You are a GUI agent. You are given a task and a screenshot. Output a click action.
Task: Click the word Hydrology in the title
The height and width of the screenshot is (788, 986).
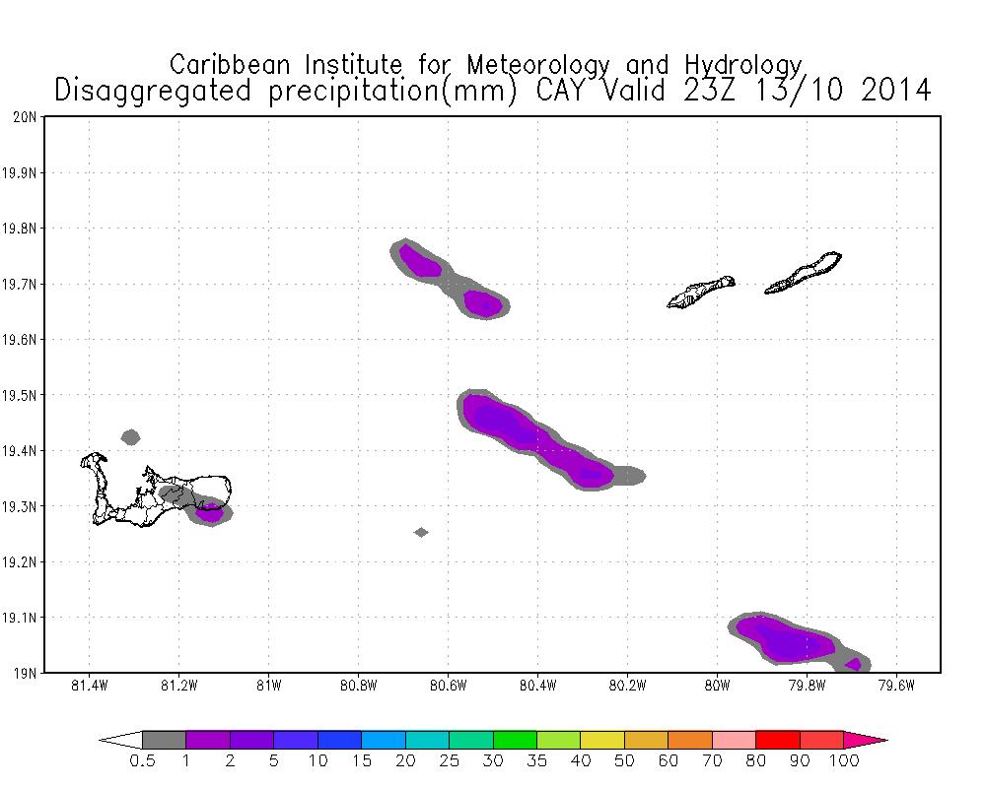[x=749, y=65]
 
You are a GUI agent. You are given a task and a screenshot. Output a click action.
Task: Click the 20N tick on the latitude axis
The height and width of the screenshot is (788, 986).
[x=28, y=117]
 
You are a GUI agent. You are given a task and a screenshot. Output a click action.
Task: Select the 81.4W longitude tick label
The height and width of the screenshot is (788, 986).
[x=90, y=686]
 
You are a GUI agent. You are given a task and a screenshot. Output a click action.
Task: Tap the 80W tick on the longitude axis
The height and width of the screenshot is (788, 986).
[x=717, y=686]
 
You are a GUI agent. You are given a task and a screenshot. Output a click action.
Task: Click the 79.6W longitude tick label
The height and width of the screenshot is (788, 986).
[x=896, y=686]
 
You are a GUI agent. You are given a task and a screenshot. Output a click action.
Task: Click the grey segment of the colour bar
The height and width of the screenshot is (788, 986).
[x=164, y=739]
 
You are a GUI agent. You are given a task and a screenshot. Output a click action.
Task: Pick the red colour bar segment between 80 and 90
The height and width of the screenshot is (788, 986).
[x=777, y=739]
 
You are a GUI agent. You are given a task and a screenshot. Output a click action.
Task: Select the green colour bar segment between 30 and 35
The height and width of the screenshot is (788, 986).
[x=514, y=739]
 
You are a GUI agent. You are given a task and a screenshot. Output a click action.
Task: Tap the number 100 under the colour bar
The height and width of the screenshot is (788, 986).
[x=844, y=760]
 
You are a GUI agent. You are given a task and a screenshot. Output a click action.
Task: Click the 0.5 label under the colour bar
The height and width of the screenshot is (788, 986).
[x=142, y=760]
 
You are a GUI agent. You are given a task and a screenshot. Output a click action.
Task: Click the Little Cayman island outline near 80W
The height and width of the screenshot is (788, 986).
[x=701, y=292]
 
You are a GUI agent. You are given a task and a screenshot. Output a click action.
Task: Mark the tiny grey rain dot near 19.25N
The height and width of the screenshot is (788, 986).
[x=421, y=532]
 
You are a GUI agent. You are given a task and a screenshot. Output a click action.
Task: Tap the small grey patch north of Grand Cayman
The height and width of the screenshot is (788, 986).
[x=130, y=436]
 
